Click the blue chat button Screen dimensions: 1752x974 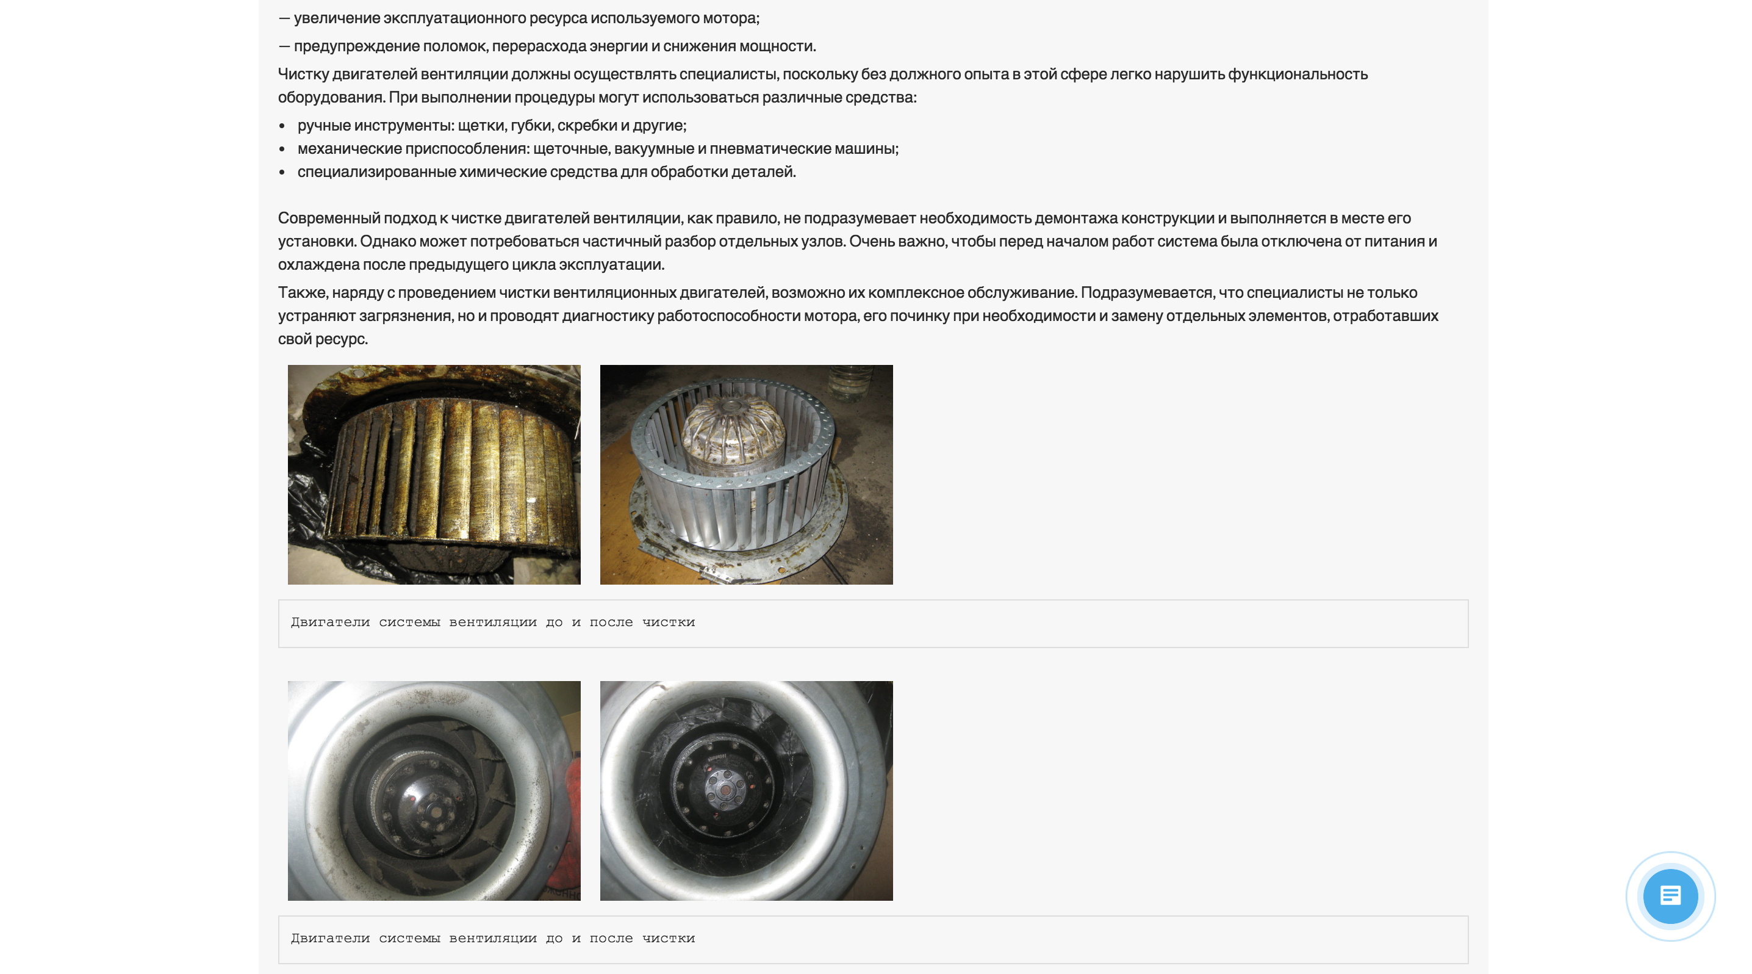pyautogui.click(x=1670, y=896)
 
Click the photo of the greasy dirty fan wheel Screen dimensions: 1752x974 pyautogui.click(x=434, y=474)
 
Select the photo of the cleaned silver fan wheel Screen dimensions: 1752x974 pyautogui.click(x=746, y=474)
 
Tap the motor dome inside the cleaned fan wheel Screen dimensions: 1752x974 pyautogui.click(x=733, y=435)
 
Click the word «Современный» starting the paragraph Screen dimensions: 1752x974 pyautogui.click(x=329, y=218)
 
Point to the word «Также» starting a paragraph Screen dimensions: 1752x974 pyautogui.click(x=303, y=292)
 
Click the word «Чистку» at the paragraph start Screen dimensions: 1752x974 pyautogui.click(x=303, y=73)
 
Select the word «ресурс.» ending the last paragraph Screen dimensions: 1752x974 pyautogui.click(x=342, y=339)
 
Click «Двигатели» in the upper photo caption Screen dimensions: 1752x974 pyautogui.click(x=331, y=622)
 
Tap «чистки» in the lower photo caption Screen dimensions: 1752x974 pyautogui.click(x=669, y=939)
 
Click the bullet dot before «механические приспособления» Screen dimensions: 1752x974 pyautogui.click(x=282, y=149)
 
